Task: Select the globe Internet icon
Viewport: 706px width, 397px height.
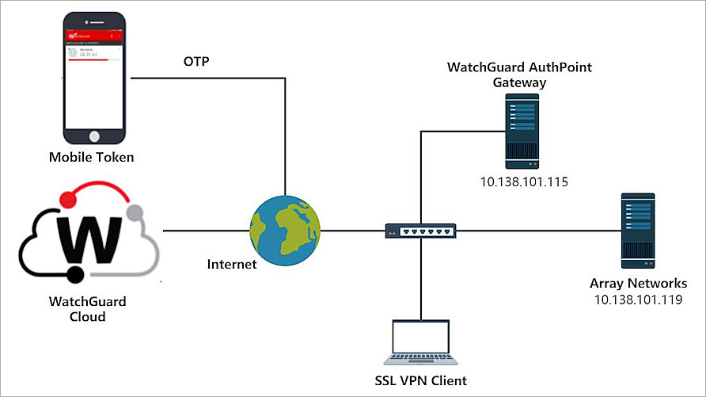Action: [284, 231]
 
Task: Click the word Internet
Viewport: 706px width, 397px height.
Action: [231, 264]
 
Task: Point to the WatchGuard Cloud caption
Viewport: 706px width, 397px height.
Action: [87, 309]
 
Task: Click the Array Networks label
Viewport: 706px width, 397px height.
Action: [637, 283]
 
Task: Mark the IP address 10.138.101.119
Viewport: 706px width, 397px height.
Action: [637, 300]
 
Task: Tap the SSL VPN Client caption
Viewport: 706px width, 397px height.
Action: [420, 380]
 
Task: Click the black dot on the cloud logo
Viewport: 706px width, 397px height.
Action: [75, 275]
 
